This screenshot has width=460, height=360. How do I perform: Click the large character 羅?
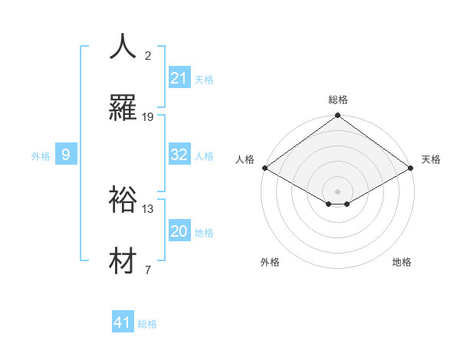(123, 108)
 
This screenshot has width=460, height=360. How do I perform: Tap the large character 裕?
(123, 200)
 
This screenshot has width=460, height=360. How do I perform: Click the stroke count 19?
(148, 117)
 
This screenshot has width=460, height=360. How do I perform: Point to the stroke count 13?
(148, 209)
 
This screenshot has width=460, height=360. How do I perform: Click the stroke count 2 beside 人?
(148, 56)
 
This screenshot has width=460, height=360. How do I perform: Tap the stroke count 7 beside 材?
(148, 270)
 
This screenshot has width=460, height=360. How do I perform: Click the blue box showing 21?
(179, 78)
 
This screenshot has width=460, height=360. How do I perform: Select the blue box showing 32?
(179, 155)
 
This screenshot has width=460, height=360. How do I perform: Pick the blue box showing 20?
(179, 231)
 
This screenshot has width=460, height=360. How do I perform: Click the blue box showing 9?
(66, 155)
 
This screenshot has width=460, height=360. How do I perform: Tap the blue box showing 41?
(123, 322)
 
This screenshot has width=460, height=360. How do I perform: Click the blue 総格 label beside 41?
(147, 324)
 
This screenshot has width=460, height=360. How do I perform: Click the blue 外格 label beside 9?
(41, 156)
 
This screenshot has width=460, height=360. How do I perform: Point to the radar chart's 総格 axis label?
(337, 100)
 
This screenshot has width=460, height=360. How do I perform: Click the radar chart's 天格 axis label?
(431, 159)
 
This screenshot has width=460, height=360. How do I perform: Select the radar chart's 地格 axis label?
(402, 262)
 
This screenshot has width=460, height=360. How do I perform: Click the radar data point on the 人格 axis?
(264, 168)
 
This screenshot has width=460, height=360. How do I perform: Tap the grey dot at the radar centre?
(337, 190)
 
